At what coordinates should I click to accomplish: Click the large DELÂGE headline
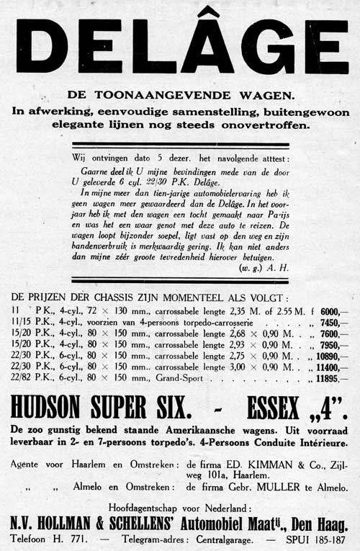[x=181, y=47]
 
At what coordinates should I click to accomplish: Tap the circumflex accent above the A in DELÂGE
[x=208, y=14]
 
